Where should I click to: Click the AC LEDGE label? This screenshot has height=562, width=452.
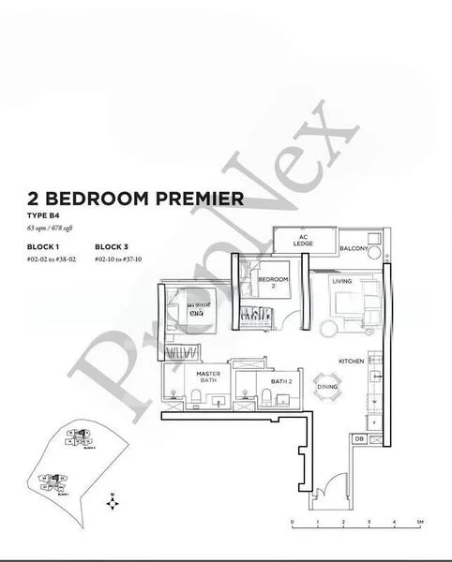pos(303,240)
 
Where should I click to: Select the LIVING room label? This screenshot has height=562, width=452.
pos(340,279)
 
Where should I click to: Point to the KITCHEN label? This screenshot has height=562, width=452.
pos(351,361)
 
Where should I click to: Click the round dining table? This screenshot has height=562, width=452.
pos(326,388)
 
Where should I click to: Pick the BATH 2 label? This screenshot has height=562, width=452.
pos(281,381)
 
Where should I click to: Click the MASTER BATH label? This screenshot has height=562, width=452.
pos(207,378)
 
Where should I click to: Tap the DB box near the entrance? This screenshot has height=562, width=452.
pos(358,438)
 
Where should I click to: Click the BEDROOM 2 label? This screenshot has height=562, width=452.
pos(272,283)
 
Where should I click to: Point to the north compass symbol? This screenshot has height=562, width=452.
pos(113,503)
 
